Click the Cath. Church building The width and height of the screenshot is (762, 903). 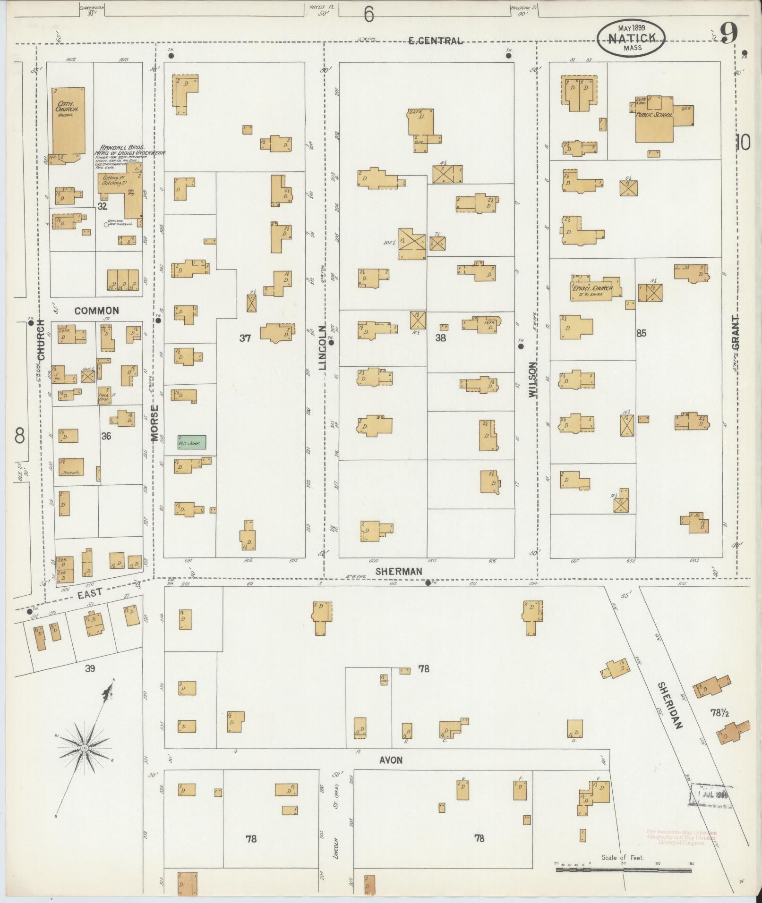point(68,123)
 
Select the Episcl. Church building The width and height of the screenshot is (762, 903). point(592,288)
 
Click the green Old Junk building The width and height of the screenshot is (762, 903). point(191,443)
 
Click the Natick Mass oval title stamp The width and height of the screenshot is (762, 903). point(631,39)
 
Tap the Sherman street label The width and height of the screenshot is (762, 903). point(399,572)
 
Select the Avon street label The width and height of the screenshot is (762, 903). point(391,760)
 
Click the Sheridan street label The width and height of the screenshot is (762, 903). point(670,705)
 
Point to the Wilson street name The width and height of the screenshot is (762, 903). point(533,379)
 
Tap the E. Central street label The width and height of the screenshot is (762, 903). point(435,41)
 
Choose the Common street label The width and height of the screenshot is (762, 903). point(97,311)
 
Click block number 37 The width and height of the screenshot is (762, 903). point(245,338)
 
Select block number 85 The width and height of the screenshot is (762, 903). point(641,333)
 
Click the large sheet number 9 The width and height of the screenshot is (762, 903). point(728,34)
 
